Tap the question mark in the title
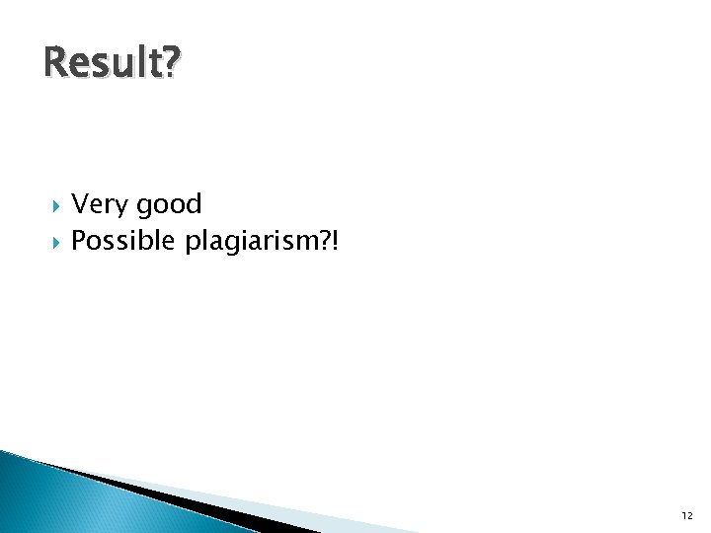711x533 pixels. pyautogui.click(x=171, y=63)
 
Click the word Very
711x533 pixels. pyautogui.click(x=101, y=205)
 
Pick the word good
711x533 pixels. pyautogui.click(x=169, y=205)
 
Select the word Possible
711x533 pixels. pyautogui.click(x=124, y=241)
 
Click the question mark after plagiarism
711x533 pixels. pyautogui.click(x=327, y=240)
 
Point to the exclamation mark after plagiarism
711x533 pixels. pyautogui.click(x=337, y=240)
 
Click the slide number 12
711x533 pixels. pyautogui.click(x=686, y=515)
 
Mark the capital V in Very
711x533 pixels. pyautogui.click(x=81, y=205)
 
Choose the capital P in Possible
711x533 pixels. pyautogui.click(x=80, y=241)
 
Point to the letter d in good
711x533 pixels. pyautogui.click(x=194, y=204)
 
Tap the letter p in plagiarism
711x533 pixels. pyautogui.click(x=192, y=244)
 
